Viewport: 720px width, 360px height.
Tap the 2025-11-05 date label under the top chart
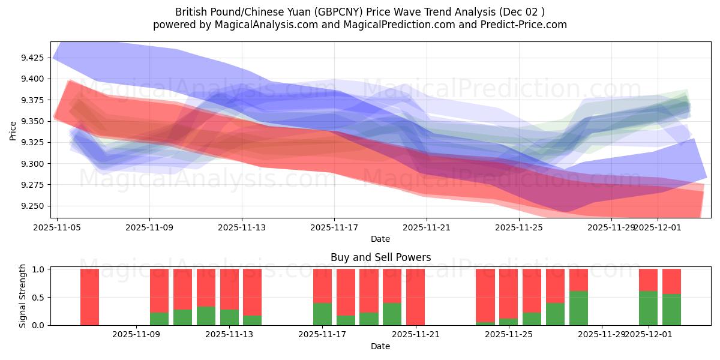tap(57, 227)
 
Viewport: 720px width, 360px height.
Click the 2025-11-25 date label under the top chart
tap(519, 227)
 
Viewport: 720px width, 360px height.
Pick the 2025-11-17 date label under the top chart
tap(334, 227)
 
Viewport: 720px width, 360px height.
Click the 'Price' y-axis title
tap(13, 130)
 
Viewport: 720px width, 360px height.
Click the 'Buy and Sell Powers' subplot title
tap(380, 257)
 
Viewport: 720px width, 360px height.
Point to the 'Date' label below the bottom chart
tap(380, 346)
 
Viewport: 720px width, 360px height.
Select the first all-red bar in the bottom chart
tap(89, 297)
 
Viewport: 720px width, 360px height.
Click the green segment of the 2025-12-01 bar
tap(648, 308)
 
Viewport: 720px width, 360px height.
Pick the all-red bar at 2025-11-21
tap(415, 297)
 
